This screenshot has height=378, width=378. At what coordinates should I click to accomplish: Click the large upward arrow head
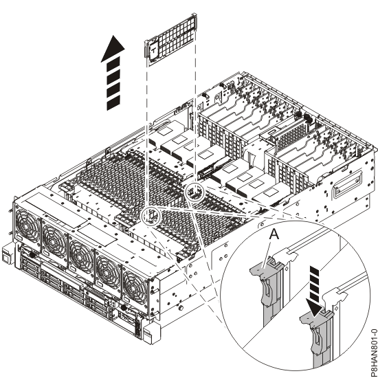[113, 49]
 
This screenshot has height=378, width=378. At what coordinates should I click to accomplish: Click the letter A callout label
[274, 234]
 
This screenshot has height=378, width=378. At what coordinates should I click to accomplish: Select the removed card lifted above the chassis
[170, 40]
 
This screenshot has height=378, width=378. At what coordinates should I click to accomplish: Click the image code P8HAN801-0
[374, 353]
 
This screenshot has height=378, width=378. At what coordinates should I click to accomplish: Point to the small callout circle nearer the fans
[151, 216]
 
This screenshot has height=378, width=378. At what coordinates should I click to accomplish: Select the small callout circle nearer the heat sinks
[194, 192]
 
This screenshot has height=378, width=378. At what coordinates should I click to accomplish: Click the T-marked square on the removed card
[153, 50]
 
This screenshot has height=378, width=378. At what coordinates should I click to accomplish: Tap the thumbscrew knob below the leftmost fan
[32, 254]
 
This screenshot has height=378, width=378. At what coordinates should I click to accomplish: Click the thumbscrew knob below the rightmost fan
[124, 308]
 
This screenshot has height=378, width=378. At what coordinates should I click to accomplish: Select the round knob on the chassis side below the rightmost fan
[180, 308]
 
